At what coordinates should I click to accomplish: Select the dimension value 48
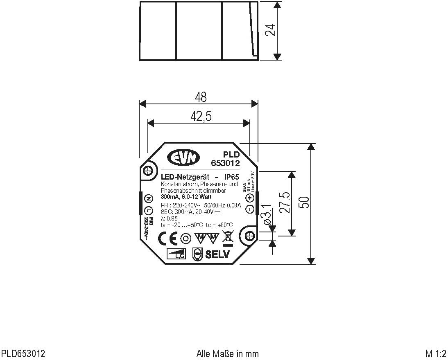[201, 97]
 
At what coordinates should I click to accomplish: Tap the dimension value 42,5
[201, 117]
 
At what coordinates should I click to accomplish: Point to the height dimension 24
[270, 30]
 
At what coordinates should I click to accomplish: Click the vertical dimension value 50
[303, 203]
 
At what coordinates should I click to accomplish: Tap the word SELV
[217, 254]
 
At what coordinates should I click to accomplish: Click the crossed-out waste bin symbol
[227, 238]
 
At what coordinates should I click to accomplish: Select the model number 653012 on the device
[225, 163]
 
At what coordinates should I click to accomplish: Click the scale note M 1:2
[435, 353]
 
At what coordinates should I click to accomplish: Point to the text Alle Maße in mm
[228, 353]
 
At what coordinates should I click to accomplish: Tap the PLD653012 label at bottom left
[23, 353]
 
